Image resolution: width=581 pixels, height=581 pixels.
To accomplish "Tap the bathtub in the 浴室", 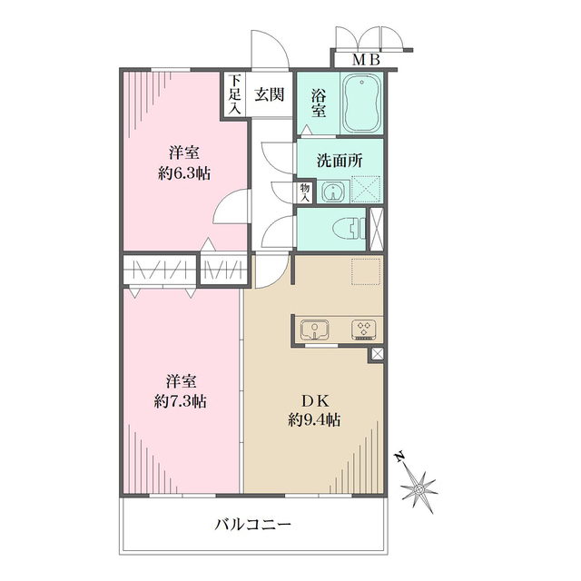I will (361, 104).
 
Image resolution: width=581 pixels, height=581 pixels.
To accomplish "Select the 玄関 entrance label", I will (267, 93).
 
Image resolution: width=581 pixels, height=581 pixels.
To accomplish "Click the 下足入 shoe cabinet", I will (234, 94).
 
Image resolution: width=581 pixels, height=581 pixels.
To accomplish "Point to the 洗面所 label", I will (340, 159).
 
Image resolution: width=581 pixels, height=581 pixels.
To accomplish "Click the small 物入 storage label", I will (304, 192).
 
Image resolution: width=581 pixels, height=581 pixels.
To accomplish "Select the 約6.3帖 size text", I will (182, 172).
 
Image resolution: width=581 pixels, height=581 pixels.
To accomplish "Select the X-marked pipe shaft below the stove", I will (377, 355).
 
